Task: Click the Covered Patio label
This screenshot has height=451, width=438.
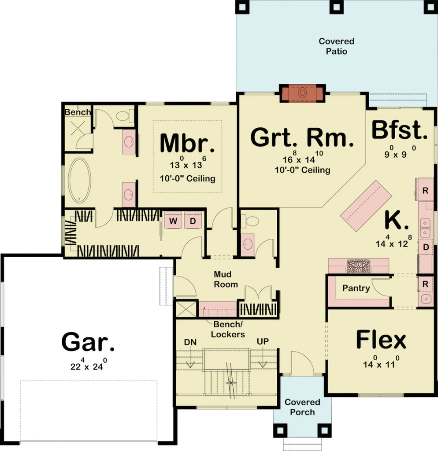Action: (x=337, y=46)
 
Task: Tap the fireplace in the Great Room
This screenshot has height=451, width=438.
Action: (x=303, y=93)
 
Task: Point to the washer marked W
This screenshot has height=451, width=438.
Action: (x=173, y=220)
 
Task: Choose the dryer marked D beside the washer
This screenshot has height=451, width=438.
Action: (x=193, y=220)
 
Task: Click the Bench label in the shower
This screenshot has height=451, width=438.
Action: (x=77, y=112)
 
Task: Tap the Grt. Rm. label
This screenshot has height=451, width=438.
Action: (x=302, y=137)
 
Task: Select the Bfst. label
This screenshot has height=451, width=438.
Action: (x=400, y=130)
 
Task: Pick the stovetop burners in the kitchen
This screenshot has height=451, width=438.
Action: (x=359, y=266)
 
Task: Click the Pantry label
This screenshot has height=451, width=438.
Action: (x=356, y=288)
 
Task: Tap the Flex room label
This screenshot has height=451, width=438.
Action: (x=381, y=340)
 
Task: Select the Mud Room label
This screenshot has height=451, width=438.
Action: (x=226, y=279)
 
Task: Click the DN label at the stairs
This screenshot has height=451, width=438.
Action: (x=191, y=342)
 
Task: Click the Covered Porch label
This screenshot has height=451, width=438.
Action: (x=302, y=407)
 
